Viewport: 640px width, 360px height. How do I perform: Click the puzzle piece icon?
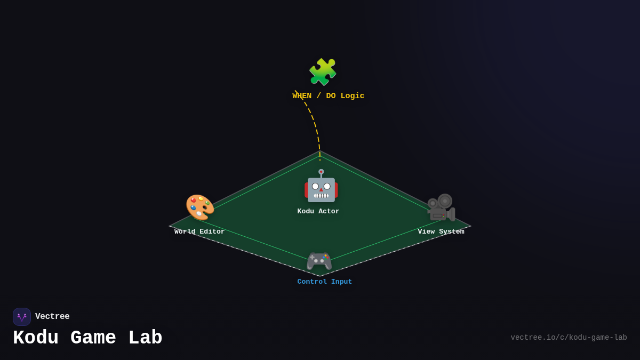point(323,72)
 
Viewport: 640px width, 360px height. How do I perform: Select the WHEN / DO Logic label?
point(328,96)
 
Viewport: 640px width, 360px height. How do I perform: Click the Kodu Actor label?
point(318,211)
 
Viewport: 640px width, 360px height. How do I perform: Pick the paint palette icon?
point(199,207)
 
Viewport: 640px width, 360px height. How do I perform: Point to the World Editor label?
point(199,231)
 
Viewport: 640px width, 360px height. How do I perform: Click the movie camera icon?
point(441,207)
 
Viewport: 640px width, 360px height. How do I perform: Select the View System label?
point(441,231)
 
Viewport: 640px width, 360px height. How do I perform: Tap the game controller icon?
point(319,261)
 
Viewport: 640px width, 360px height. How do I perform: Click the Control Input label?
point(325,282)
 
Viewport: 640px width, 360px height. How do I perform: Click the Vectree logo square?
point(22,317)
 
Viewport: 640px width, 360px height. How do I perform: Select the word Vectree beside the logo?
point(52,317)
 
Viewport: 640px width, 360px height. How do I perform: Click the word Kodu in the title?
point(36,338)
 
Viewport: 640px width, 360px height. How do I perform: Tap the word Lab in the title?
point(145,338)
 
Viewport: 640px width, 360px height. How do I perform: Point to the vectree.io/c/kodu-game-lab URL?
point(569,338)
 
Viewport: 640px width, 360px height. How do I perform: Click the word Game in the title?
point(93,338)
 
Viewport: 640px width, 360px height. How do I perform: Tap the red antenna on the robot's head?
point(321,172)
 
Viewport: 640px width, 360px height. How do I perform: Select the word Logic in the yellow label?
point(352,96)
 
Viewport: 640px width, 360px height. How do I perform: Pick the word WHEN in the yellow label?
point(302,96)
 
